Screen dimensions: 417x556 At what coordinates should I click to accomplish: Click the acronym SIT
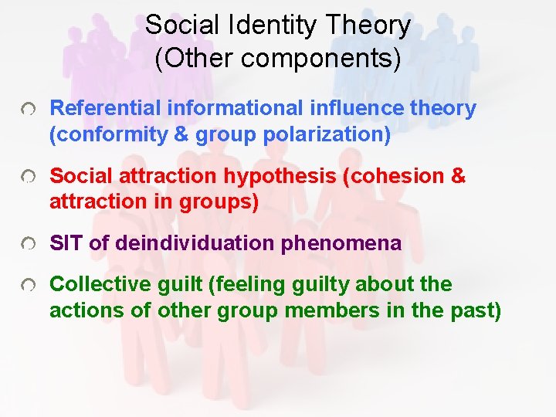[66, 244]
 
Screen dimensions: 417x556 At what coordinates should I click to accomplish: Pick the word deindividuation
[195, 244]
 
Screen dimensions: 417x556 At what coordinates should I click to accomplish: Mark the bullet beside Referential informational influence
[29, 111]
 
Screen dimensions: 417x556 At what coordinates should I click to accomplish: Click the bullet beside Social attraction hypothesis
[29, 178]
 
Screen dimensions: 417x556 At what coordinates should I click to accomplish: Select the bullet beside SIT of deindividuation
[29, 246]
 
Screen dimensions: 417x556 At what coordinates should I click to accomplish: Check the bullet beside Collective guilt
[29, 286]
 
